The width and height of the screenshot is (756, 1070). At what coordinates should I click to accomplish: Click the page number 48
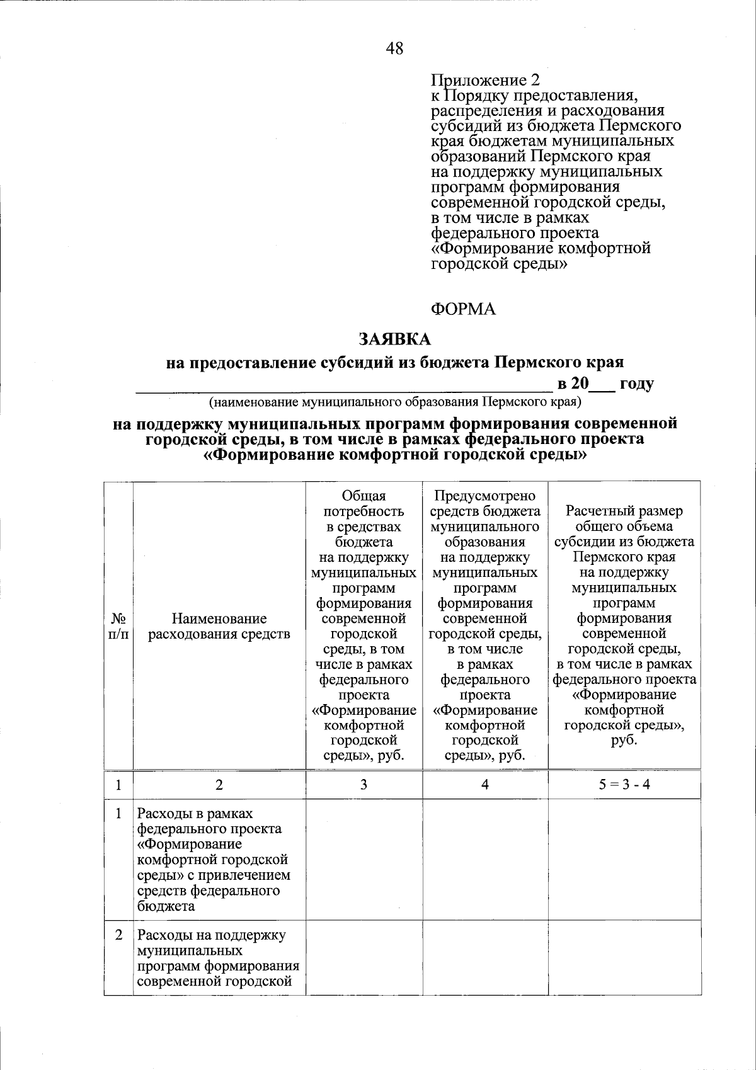pos(395,48)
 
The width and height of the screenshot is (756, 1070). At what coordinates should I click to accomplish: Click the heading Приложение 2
pos(485,81)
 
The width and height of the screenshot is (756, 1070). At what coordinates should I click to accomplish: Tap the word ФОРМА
pos(463,309)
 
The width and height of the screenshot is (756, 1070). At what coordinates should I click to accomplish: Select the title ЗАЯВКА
pos(395,339)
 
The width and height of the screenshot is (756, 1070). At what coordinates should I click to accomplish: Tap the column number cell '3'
pos(364,785)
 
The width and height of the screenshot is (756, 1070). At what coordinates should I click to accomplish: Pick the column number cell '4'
pos(485,785)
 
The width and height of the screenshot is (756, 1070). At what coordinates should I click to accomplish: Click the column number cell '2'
pos(219,785)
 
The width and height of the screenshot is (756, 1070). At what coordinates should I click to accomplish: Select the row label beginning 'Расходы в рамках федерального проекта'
pos(214,860)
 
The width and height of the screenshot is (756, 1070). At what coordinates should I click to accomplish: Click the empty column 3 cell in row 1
pos(364,860)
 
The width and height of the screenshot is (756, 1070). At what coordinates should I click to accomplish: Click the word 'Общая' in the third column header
pos(364,496)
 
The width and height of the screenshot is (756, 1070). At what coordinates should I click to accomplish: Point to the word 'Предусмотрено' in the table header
pos(485,496)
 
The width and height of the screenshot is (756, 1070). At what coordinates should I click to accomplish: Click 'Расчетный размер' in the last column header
pos(624,511)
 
